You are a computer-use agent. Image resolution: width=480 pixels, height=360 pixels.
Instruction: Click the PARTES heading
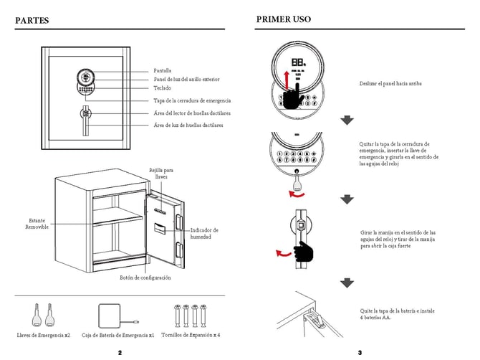click(x=32, y=20)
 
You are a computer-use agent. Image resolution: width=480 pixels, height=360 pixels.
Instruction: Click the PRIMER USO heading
click(x=283, y=19)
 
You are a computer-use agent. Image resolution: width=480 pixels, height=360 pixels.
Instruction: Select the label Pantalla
click(x=163, y=70)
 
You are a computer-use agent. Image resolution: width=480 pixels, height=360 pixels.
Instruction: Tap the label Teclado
click(x=162, y=87)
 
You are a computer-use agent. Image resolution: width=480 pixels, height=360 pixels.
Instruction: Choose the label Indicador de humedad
click(x=204, y=233)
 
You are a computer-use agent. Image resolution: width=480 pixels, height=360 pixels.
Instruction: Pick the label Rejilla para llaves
click(x=161, y=173)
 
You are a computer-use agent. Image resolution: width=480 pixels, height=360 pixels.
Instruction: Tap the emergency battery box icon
click(x=111, y=315)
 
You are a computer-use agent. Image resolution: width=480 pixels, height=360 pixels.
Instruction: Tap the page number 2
click(x=119, y=353)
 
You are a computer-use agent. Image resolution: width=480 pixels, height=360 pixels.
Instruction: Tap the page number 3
click(x=360, y=353)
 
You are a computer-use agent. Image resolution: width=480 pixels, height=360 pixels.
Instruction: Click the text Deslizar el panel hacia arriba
click(x=390, y=83)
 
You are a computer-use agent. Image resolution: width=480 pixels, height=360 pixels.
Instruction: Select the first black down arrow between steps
click(x=347, y=120)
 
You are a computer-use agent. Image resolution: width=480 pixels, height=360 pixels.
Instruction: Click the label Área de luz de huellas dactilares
click(x=188, y=125)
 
